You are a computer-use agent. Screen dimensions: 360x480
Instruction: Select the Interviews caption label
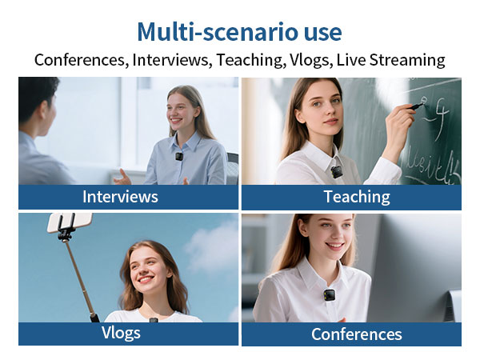[120, 197]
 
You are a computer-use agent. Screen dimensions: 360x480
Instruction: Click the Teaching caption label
[356, 197]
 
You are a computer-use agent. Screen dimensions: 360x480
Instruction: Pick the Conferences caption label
[356, 334]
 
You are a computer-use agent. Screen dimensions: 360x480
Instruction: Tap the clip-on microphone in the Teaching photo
[337, 170]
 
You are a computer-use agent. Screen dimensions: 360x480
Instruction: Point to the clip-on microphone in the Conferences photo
[329, 294]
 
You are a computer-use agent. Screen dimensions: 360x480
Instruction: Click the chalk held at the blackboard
[418, 105]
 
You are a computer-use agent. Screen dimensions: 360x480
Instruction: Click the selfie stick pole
[78, 272]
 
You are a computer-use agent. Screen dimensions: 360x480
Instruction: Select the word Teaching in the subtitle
[255, 60]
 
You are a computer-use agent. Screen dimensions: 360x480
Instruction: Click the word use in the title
[320, 32]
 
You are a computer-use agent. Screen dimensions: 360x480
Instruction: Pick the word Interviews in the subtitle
[166, 60]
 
